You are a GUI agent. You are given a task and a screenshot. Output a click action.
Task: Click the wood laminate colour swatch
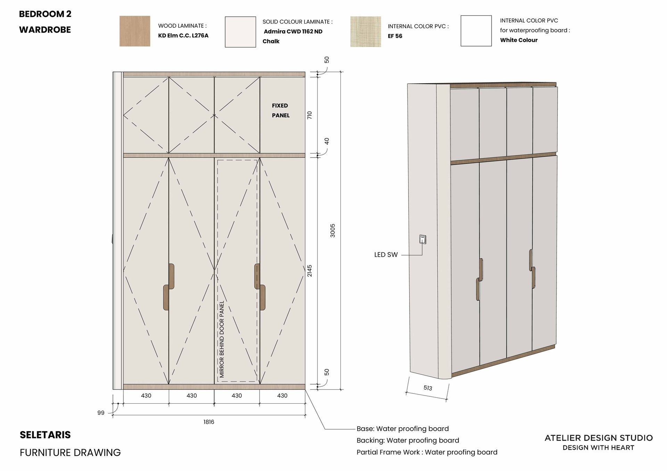click(135, 31)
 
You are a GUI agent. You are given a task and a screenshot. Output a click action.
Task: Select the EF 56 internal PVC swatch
click(365, 31)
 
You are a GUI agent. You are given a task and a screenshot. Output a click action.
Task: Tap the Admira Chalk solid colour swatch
click(240, 32)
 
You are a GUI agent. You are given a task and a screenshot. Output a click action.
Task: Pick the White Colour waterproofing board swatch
click(476, 31)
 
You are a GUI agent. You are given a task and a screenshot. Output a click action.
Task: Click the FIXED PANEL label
click(280, 110)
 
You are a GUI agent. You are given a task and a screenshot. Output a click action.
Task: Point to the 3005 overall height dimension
click(332, 230)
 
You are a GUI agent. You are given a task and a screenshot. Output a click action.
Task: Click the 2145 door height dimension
click(310, 271)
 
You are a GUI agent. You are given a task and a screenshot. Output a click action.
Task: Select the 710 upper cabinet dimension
click(310, 115)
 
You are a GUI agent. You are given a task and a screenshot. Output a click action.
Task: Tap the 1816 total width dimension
click(209, 422)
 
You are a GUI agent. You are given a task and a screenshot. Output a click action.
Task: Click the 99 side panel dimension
click(101, 413)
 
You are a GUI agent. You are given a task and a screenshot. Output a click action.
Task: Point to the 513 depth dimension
click(428, 388)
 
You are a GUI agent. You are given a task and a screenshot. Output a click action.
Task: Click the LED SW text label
click(386, 255)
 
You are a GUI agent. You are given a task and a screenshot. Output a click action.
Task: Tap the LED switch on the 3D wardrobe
click(422, 239)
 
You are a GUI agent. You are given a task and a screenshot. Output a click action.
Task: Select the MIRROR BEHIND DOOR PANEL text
click(222, 339)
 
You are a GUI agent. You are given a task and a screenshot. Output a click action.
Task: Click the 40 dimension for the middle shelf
click(327, 141)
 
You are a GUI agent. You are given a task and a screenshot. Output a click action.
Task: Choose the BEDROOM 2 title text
click(45, 14)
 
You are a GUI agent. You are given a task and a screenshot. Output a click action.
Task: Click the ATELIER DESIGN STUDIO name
click(599, 438)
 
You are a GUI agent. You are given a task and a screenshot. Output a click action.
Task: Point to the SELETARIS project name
click(45, 435)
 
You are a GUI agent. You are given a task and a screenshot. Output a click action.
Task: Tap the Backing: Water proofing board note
click(408, 440)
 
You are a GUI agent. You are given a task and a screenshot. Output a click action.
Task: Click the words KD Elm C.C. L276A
click(183, 35)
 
